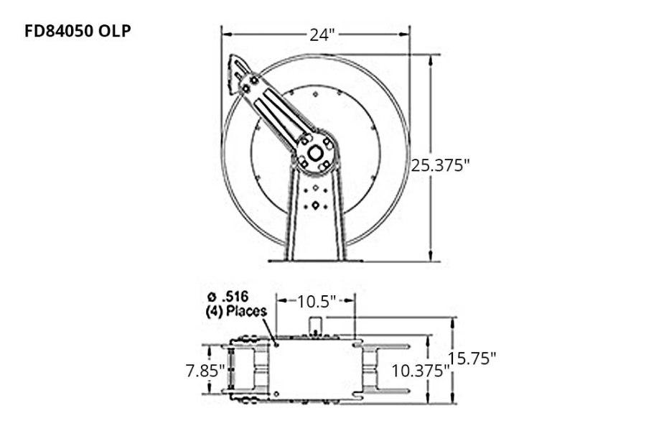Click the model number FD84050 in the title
point(60,32)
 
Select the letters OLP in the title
point(114,32)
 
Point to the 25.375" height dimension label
point(440,164)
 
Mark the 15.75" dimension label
point(472,358)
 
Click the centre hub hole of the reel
point(315,153)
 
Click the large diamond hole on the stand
point(315,206)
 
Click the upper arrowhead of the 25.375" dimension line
point(430,59)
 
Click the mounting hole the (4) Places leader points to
point(276,343)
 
